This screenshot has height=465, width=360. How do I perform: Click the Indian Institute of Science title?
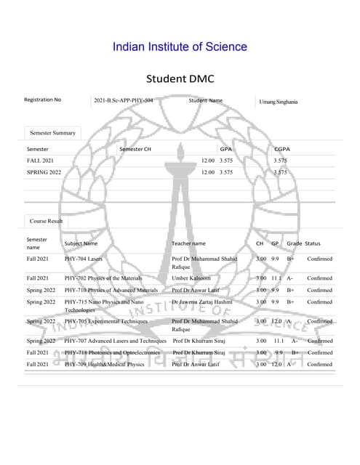coord(180,47)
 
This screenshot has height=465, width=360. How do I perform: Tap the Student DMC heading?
coord(180,78)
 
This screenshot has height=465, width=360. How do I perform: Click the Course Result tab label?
coord(47,219)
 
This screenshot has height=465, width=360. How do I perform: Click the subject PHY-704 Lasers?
coord(83,258)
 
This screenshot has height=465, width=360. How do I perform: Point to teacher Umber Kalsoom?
coord(191,278)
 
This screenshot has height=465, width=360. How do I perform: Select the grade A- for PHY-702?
coord(290,278)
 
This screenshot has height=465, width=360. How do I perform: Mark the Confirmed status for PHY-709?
coord(319,364)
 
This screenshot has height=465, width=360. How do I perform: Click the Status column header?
coord(313,243)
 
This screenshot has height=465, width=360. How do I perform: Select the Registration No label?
coord(43,100)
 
